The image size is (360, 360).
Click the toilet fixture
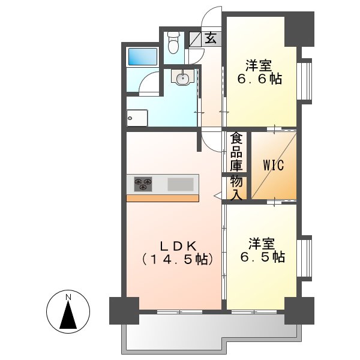coord(174,42)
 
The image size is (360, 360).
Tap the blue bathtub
coord(143,58)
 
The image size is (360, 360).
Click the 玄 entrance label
coord(211,38)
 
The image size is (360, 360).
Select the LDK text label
coord(176,246)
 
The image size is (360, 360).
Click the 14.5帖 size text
coord(176,260)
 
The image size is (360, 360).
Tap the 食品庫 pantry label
coord(237,151)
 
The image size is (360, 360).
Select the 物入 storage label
coord(237,187)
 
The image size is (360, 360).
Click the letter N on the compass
coord(68,297)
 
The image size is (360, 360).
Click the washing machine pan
coord(137,118)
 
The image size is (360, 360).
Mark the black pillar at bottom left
coord(124,310)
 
